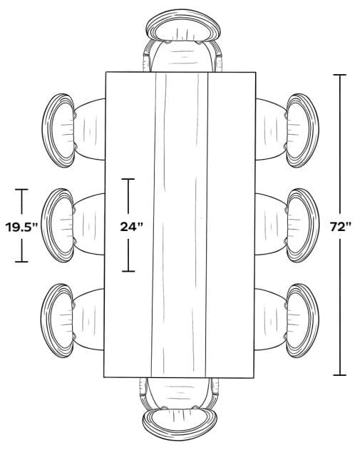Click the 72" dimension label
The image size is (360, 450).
coord(341,227)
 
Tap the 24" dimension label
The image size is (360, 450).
coord(131,227)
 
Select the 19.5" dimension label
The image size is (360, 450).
coord(22,227)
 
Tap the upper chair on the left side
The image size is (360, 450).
coord(73,131)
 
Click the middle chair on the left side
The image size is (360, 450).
coord(73,225)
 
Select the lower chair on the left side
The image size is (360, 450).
coord(72,321)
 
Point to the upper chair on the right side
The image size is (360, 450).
coord(287,131)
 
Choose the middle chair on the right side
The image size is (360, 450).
coord(287,225)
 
